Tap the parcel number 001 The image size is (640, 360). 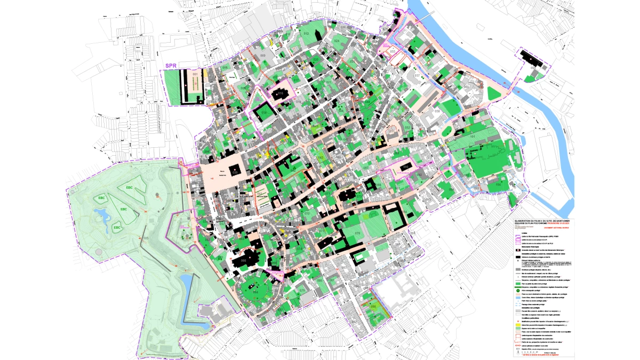pyautogui.click(x=195, y=74)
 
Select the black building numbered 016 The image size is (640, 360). pyautogui.click(x=279, y=94)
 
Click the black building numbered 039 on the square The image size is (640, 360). pyautogui.click(x=235, y=172)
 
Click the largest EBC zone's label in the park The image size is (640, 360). pyautogui.click(x=130, y=188)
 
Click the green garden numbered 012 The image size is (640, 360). pyautogui.click(x=306, y=34)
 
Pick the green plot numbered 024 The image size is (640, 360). pyautogui.click(x=337, y=41)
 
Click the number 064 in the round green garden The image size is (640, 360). pyautogui.click(x=255, y=292)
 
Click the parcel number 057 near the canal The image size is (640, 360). pyautogui.click(x=417, y=76)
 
